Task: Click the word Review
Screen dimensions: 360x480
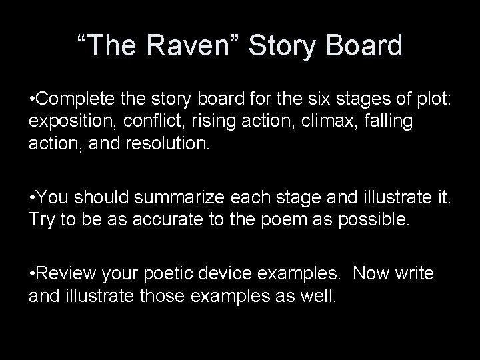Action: (67, 273)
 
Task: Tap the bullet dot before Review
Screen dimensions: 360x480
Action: (33, 273)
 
